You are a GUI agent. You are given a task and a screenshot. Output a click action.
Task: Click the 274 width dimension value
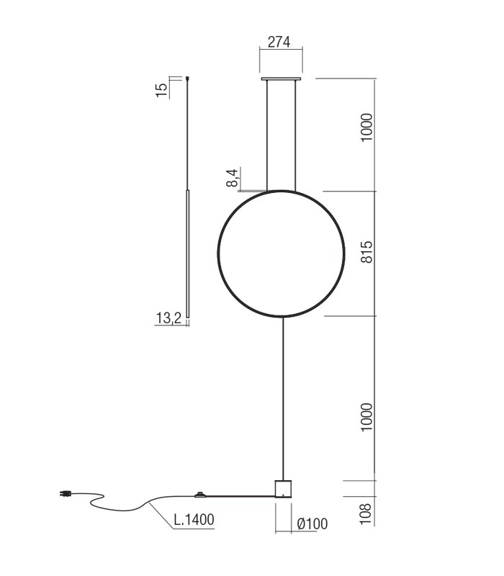tap(279, 42)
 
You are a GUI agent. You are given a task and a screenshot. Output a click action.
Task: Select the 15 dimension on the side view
tap(162, 89)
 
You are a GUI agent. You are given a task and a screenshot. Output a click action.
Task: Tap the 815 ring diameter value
tap(366, 252)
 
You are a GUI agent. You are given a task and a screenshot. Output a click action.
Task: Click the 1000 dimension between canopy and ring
tap(366, 127)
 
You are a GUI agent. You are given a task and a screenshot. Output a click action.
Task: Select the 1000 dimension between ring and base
tap(366, 417)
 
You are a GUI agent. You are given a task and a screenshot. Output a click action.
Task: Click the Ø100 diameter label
tap(312, 524)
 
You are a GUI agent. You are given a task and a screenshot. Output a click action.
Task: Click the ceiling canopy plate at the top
tap(282, 78)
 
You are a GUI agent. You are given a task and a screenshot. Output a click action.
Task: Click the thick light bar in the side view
tap(187, 252)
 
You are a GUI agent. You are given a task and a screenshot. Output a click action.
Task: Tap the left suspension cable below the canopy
tap(267, 137)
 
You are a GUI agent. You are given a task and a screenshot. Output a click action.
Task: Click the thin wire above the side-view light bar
tap(187, 137)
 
